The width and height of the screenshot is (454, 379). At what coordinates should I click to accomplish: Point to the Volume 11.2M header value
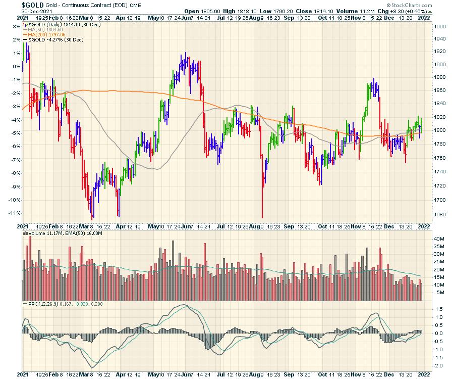click(363, 11)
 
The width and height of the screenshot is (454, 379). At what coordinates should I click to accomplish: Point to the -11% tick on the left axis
click(12, 213)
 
